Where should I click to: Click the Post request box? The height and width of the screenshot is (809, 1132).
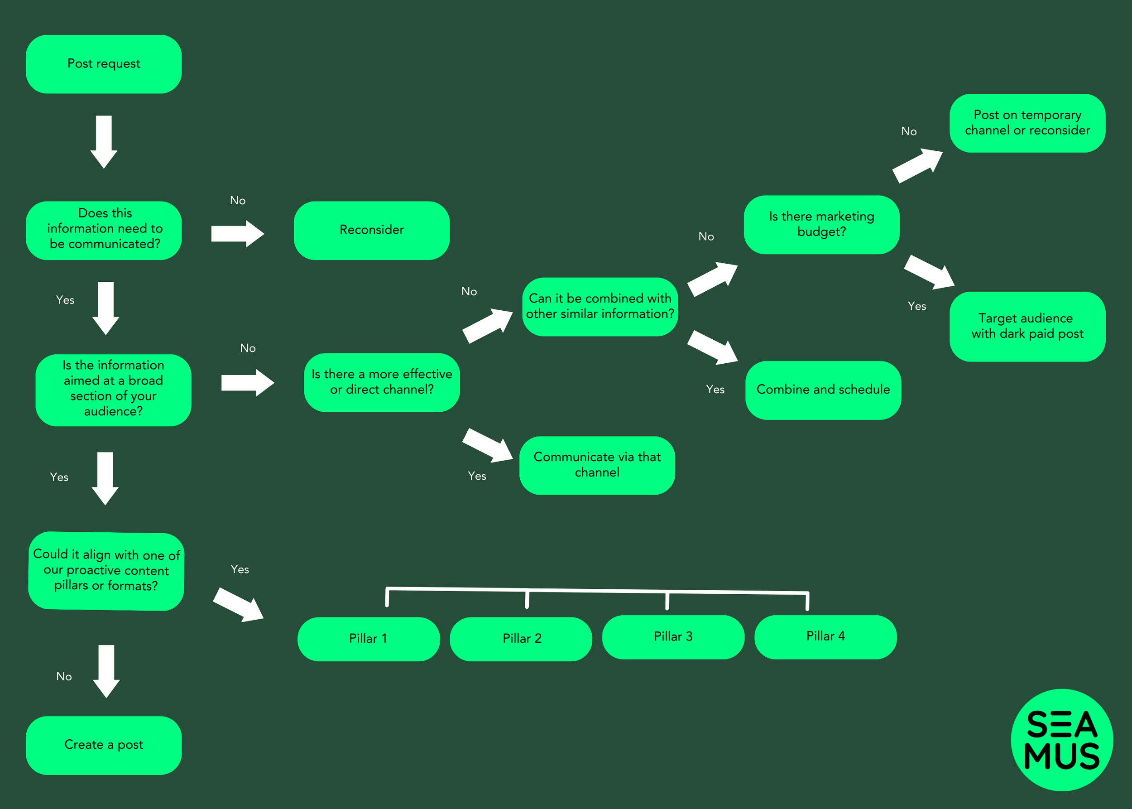tap(104, 64)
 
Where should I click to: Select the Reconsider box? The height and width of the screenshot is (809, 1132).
tap(372, 230)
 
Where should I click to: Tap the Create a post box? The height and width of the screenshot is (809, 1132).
tap(104, 745)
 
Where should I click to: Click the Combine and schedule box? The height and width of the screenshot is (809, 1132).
tap(823, 390)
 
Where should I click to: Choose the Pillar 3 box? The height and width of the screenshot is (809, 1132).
tap(673, 637)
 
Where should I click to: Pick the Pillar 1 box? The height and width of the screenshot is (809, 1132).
tap(369, 639)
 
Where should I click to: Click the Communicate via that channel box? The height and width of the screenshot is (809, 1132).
tap(597, 465)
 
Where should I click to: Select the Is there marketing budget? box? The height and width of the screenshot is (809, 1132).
tap(821, 225)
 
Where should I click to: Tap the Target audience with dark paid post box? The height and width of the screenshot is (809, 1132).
tap(1027, 326)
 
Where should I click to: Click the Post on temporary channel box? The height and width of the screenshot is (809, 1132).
tap(1027, 123)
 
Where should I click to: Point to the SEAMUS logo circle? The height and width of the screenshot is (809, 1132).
tap(1061, 740)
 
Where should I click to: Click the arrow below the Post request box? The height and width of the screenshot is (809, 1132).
tap(104, 142)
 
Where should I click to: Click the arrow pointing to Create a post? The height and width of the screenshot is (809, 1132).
tap(106, 671)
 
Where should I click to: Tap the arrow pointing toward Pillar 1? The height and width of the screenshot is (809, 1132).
tap(238, 605)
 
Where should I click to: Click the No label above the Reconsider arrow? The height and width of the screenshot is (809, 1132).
tap(238, 201)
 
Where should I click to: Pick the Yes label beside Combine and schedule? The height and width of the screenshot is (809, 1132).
tap(715, 390)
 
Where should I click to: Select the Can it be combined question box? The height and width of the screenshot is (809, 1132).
tap(600, 307)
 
